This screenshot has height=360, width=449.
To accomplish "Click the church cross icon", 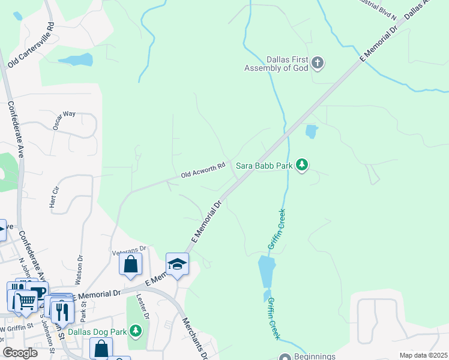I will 318,62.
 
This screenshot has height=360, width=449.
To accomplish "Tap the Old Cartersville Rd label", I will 31,44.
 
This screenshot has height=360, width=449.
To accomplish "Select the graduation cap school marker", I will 177,265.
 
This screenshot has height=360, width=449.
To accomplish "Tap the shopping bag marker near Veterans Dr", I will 130,265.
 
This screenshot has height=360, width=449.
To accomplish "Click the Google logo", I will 20,353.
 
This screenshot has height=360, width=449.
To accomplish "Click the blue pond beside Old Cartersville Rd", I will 76,60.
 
